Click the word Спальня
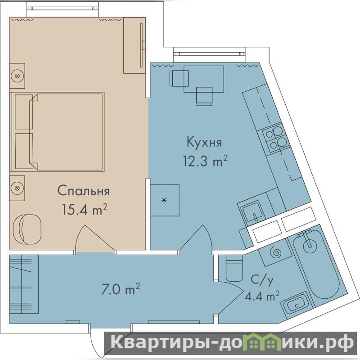(84, 191)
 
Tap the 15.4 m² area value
(85, 209)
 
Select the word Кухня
(204, 142)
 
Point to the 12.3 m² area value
(205, 161)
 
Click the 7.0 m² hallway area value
(121, 289)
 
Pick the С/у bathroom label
(262, 280)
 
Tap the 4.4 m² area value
(262, 296)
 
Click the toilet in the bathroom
(234, 268)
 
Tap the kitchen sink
(252, 213)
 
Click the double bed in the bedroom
(58, 132)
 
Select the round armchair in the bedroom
(27, 229)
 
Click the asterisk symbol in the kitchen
(164, 200)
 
